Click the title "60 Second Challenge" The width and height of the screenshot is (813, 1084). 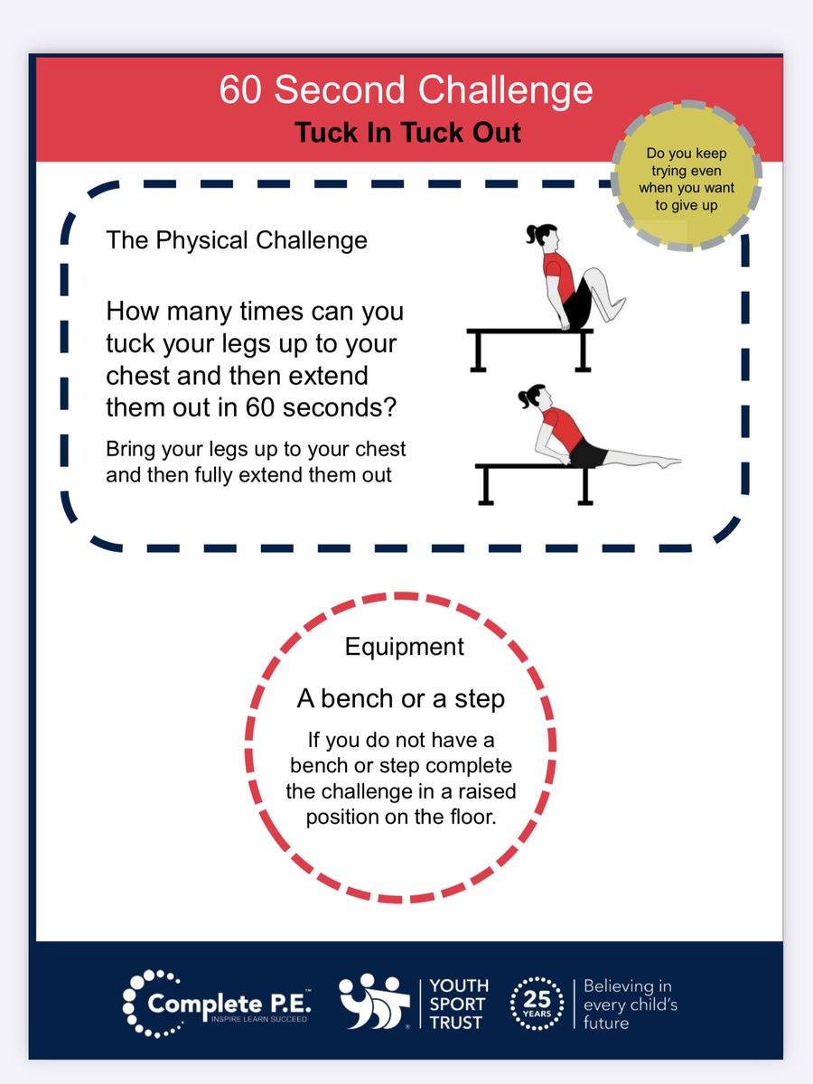(406, 91)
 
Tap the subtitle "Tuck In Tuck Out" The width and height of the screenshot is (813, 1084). (407, 133)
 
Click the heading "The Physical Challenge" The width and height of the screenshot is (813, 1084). (237, 240)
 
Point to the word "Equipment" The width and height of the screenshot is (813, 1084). (405, 647)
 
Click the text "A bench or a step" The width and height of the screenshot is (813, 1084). (401, 698)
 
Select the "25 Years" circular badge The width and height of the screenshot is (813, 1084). (536, 1004)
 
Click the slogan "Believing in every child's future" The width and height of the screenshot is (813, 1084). (630, 1005)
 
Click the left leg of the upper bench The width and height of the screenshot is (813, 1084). (477, 353)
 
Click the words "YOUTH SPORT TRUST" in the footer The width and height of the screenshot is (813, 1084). (459, 1004)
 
